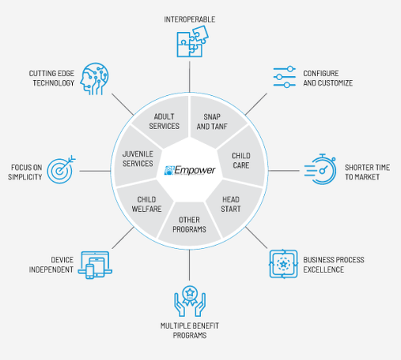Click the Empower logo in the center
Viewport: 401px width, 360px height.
click(x=190, y=170)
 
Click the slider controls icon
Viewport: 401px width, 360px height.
click(x=284, y=77)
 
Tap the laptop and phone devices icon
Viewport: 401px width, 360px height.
click(x=95, y=265)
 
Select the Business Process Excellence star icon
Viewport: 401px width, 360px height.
click(x=284, y=264)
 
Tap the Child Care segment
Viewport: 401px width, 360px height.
click(x=241, y=160)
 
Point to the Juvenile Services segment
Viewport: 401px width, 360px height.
click(x=138, y=159)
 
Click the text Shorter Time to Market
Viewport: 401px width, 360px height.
click(x=367, y=172)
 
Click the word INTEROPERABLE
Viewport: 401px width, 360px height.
click(x=189, y=19)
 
